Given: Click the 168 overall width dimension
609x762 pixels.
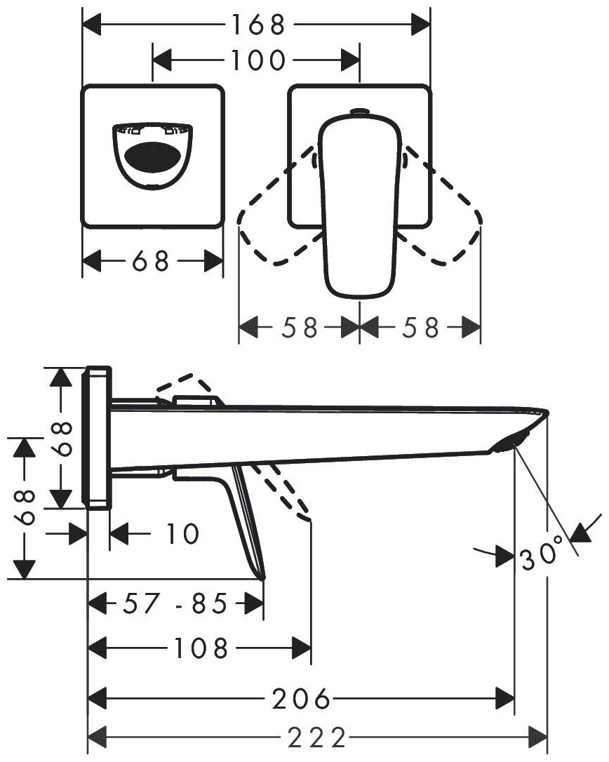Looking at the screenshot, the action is click(x=257, y=26).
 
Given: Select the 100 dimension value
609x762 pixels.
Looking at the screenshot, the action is click(x=257, y=61).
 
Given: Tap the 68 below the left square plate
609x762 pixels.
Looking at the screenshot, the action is click(x=152, y=262).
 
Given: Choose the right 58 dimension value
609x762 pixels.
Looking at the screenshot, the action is click(x=420, y=327).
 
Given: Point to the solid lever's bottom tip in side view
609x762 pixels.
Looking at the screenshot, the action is click(x=262, y=577).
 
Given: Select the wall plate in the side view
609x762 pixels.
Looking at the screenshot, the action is click(x=97, y=435).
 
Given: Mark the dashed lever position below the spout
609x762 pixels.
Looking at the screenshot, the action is click(x=284, y=491).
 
